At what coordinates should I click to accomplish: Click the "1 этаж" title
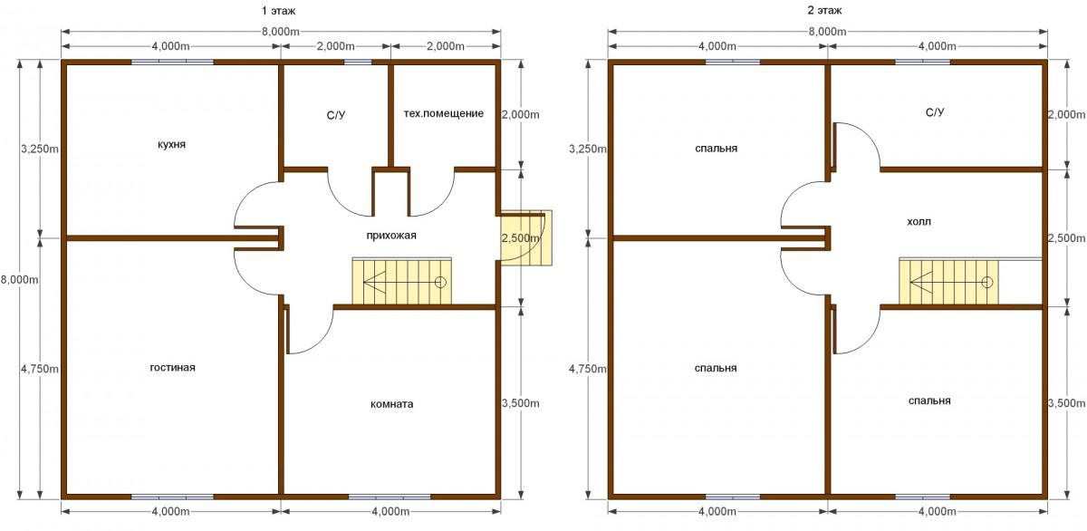(278, 10)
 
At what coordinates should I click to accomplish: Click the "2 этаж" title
(824, 10)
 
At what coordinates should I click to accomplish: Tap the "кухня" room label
(171, 145)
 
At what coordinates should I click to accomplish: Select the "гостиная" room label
(173, 367)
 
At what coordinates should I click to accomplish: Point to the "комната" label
(391, 404)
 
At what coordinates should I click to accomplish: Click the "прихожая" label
(391, 236)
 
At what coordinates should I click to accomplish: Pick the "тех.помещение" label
(444, 113)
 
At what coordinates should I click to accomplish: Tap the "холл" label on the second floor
(919, 222)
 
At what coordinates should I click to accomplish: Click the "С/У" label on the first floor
(336, 115)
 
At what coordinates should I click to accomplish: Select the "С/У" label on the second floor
(935, 112)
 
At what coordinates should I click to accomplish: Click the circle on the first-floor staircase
(440, 282)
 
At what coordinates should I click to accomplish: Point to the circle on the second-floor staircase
(987, 282)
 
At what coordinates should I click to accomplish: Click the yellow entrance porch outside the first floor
(526, 237)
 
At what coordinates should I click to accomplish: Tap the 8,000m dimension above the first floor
(281, 32)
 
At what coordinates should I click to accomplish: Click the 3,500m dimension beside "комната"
(521, 403)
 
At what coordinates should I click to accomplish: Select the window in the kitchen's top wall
(172, 63)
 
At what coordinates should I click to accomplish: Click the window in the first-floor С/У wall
(358, 63)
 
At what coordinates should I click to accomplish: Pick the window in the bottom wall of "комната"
(390, 497)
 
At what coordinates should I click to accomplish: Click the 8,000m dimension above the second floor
(827, 32)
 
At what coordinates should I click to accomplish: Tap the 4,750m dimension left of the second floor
(588, 369)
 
